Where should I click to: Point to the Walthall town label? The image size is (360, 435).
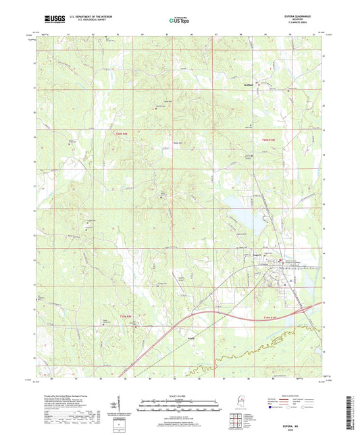tap(249, 85)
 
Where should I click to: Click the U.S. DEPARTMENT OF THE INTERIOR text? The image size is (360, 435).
tap(88, 18)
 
